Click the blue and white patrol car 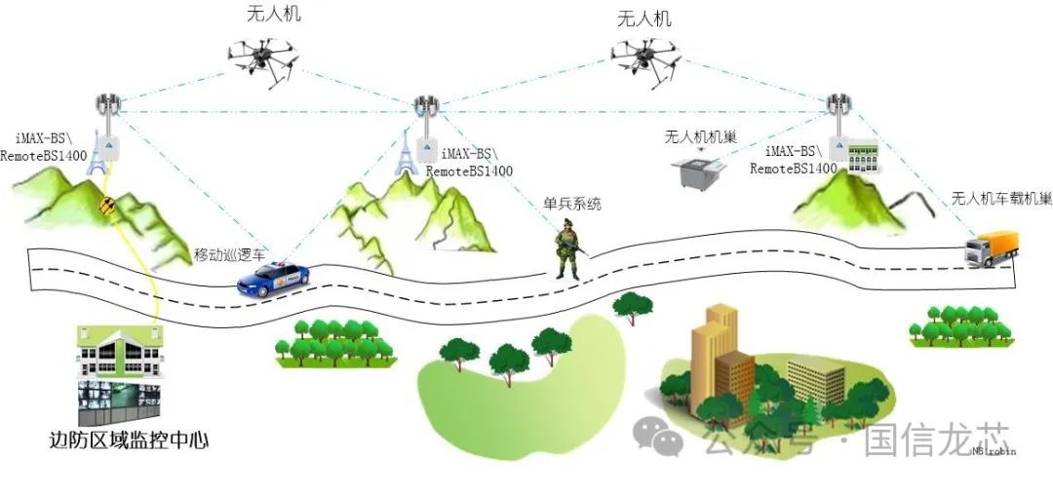273,280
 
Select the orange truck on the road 992,248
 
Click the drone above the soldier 645,60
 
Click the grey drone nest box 699,171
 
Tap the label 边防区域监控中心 129,440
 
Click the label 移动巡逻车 230,254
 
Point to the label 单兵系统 573,204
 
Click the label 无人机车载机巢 1001,199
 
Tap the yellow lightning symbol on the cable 106,206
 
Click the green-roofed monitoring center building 120,352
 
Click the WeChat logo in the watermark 658,436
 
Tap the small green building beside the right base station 863,156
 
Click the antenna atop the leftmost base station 107,104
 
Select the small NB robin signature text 994,451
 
